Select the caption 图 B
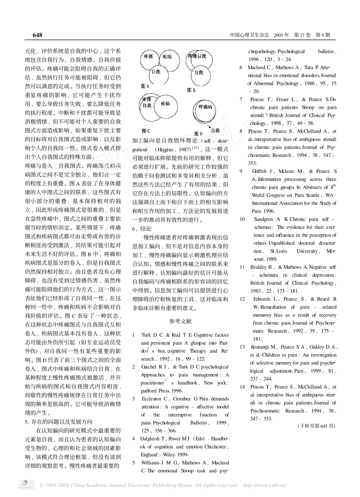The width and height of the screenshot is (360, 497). tap(191, 90)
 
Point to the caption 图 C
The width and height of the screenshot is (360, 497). tap(146, 131)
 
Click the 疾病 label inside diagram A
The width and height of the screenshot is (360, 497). tap(167, 57)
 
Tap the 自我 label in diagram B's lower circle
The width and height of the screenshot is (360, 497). tap(199, 72)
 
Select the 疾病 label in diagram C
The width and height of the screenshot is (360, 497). tap(165, 103)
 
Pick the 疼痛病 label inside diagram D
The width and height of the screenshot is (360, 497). tap(205, 107)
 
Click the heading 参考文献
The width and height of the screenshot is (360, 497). tap(181, 321)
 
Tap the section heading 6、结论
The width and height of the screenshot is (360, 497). tap(142, 229)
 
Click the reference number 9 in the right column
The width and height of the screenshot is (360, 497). tap(241, 171)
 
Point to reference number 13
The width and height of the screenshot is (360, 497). tap(242, 347)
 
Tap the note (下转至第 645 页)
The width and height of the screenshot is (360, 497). tap(316, 426)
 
